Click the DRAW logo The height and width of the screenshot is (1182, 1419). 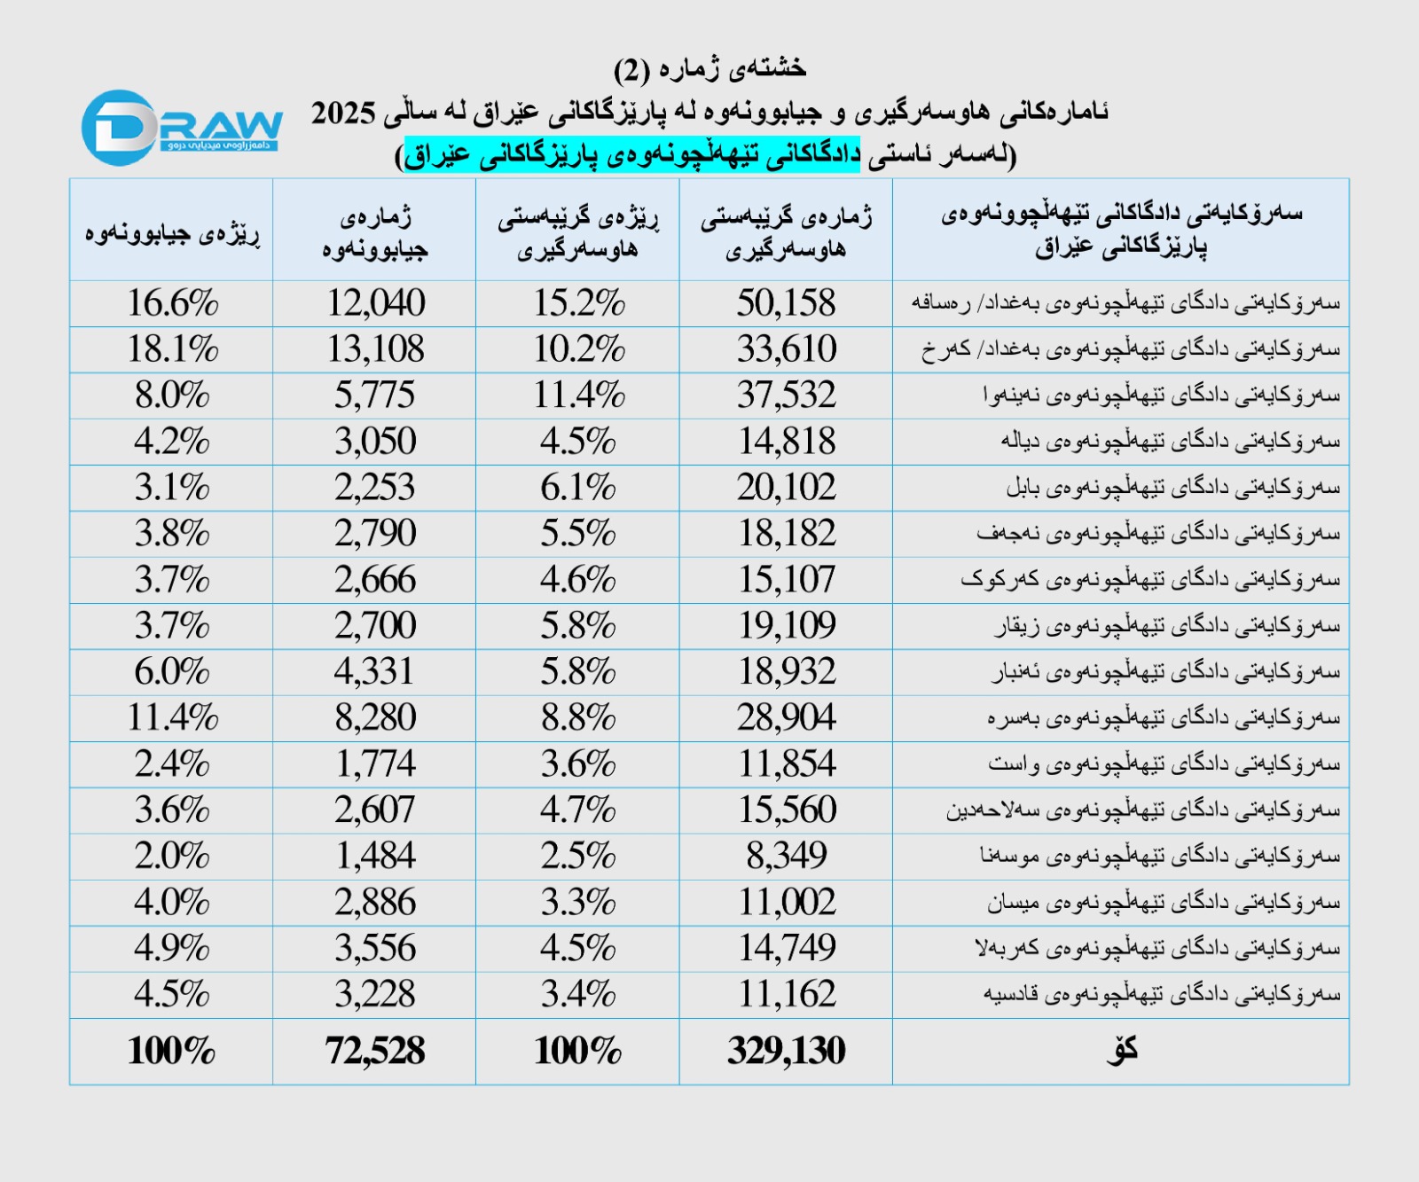(x=181, y=128)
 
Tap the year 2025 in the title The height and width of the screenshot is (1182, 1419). (x=343, y=113)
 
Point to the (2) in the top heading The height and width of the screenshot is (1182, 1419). (x=632, y=69)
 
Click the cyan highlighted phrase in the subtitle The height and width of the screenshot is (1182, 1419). (x=631, y=155)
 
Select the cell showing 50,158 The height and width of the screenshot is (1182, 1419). (x=786, y=303)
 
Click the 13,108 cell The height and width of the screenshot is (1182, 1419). (x=375, y=349)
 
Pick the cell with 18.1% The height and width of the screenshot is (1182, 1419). (x=172, y=349)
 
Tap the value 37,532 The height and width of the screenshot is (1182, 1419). (x=786, y=395)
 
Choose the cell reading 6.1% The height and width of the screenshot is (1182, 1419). (x=578, y=488)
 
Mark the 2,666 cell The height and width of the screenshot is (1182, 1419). (x=375, y=580)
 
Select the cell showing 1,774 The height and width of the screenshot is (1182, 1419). (x=375, y=764)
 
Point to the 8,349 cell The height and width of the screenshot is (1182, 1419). (x=786, y=857)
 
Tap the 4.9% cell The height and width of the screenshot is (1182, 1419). (x=172, y=949)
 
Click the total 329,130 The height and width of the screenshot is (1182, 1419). (x=786, y=1052)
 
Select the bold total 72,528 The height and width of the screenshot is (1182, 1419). (x=375, y=1052)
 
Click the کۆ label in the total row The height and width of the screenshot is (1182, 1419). (x=1121, y=1052)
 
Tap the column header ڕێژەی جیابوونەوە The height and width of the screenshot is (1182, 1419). (x=172, y=233)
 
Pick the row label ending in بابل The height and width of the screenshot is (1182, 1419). (x=1172, y=488)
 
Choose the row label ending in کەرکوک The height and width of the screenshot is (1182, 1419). (x=1150, y=580)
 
